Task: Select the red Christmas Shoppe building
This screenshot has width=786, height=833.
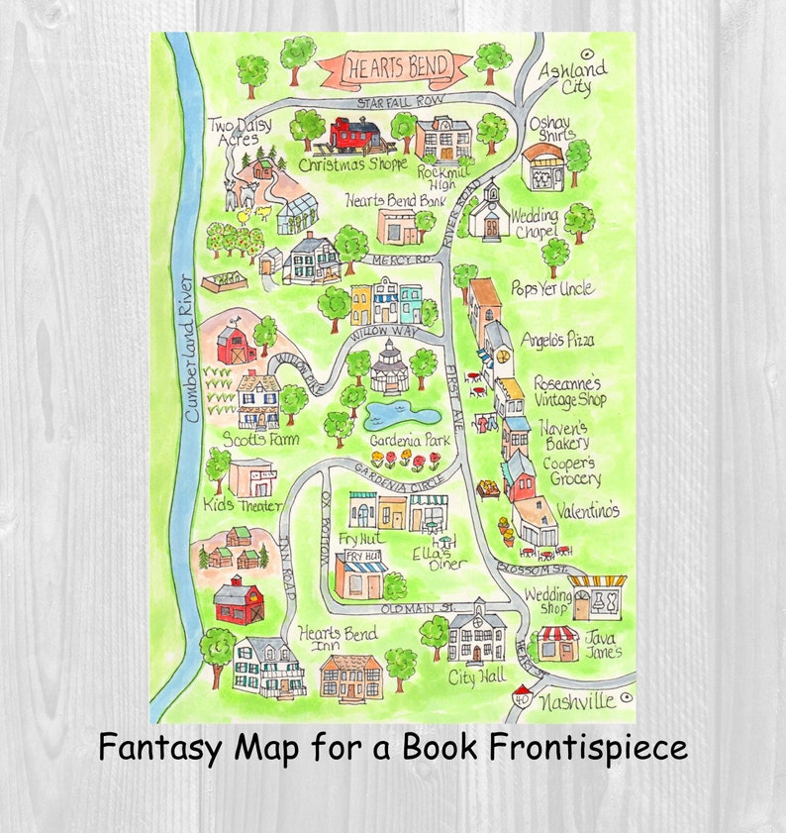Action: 355,136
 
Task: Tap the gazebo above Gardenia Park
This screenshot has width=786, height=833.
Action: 389,366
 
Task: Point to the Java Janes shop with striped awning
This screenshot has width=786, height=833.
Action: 558,643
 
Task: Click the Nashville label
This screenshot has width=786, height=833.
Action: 578,703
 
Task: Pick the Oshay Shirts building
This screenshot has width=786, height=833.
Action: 542,167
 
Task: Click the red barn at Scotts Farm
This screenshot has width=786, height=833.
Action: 237,345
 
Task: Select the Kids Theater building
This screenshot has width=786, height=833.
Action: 252,479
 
